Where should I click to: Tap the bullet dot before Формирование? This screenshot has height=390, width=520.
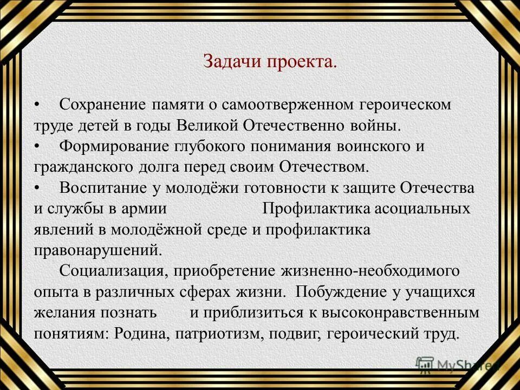pos(37,147)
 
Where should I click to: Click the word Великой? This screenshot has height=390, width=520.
pos(207,126)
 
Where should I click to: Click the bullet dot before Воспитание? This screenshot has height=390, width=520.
pos(37,188)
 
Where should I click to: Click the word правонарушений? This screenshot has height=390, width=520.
pos(97,251)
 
